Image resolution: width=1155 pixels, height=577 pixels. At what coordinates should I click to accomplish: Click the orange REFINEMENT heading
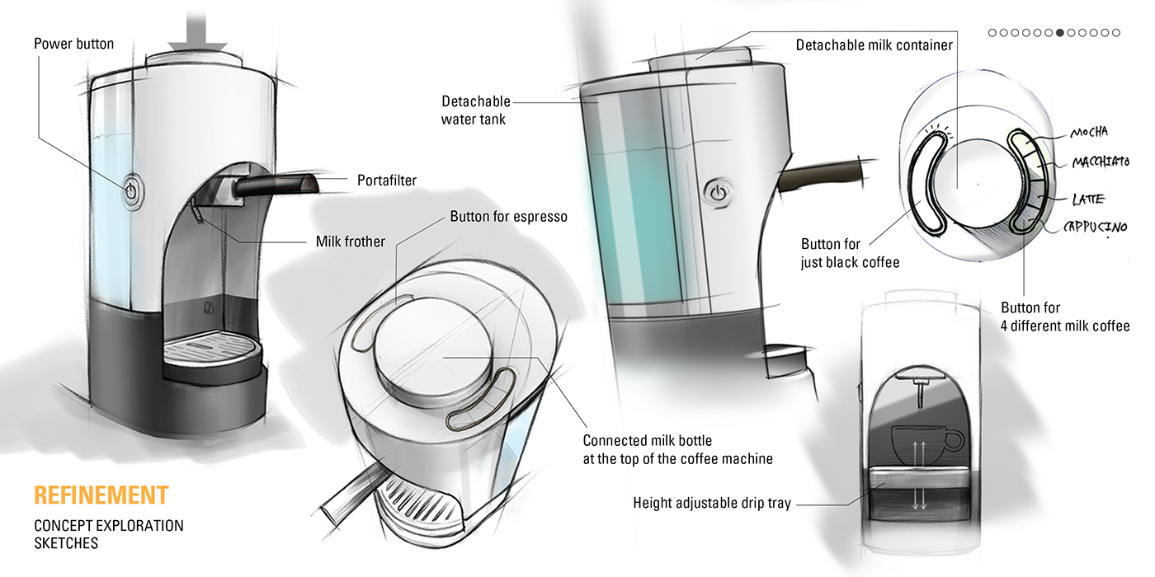[x=101, y=495]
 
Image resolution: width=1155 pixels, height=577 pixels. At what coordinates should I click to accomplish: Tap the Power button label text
[x=73, y=43]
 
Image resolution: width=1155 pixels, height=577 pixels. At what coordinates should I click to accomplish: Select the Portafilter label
[x=387, y=180]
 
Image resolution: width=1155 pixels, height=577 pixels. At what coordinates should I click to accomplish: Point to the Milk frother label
[x=351, y=242]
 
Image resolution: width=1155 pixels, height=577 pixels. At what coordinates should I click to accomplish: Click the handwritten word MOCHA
[x=1088, y=133]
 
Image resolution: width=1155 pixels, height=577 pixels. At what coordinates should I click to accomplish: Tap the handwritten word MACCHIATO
[x=1100, y=163]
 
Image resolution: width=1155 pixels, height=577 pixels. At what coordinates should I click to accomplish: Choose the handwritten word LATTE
[x=1089, y=199]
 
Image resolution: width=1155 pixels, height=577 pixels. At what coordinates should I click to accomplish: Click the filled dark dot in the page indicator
[x=1060, y=33]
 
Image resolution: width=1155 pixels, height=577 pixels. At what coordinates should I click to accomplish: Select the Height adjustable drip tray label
[x=711, y=503]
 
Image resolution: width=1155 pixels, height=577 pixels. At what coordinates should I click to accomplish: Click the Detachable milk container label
[x=874, y=45]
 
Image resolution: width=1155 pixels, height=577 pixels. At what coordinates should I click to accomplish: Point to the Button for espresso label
[x=508, y=218]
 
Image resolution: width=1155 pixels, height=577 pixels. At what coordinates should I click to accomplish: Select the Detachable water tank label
[x=475, y=110]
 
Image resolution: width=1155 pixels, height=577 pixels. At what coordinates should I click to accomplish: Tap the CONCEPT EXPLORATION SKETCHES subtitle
[x=108, y=534]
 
